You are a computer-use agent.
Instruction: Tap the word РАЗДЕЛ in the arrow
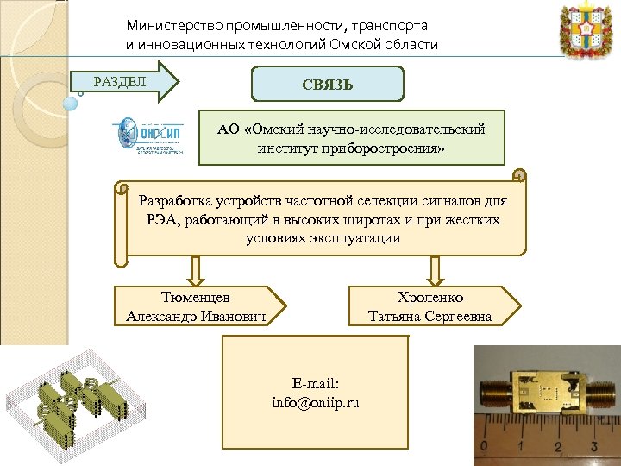tap(120, 82)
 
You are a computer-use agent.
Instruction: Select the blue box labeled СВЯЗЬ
tap(327, 85)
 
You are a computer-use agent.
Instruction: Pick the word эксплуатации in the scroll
tap(359, 237)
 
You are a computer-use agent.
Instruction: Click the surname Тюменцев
tap(195, 297)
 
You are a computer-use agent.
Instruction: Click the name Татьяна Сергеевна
tap(430, 316)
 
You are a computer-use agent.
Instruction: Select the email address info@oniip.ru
tap(315, 402)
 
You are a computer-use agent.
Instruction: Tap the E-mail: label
tap(315, 384)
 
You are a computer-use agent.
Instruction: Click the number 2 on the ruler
tap(558, 447)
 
